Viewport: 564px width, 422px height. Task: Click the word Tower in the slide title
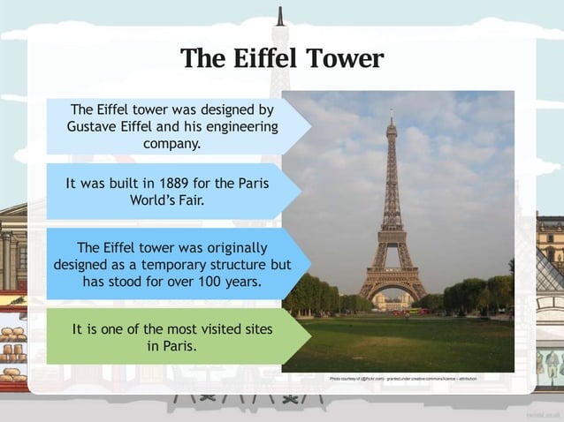(x=345, y=58)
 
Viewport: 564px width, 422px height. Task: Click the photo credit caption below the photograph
(x=403, y=378)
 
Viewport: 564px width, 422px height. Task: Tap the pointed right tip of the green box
(x=310, y=336)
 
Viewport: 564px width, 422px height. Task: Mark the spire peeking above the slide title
(x=279, y=16)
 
